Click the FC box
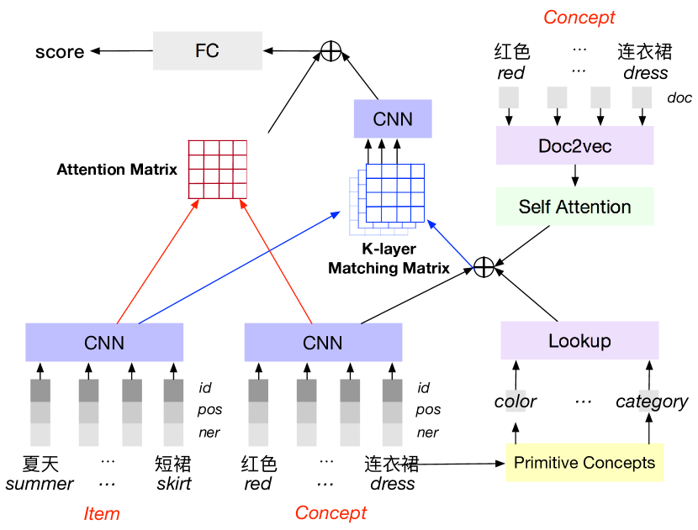coord(208,50)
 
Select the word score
coord(60,52)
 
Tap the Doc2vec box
coord(574,145)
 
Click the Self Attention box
coord(574,207)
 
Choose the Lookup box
coord(579,340)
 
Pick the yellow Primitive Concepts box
coord(584,463)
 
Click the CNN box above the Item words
coord(104,343)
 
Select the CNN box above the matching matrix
coord(393,118)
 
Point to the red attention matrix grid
coord(218,170)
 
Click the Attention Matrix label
coord(117,170)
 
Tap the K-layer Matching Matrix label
coord(389,259)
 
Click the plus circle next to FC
coord(330,50)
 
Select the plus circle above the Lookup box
coord(484,267)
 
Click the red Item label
coord(102,513)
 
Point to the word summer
coord(40,484)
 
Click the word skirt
coord(173,483)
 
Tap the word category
coord(652,402)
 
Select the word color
coord(515,401)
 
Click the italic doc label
coord(679,97)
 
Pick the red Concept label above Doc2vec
coord(579,18)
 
